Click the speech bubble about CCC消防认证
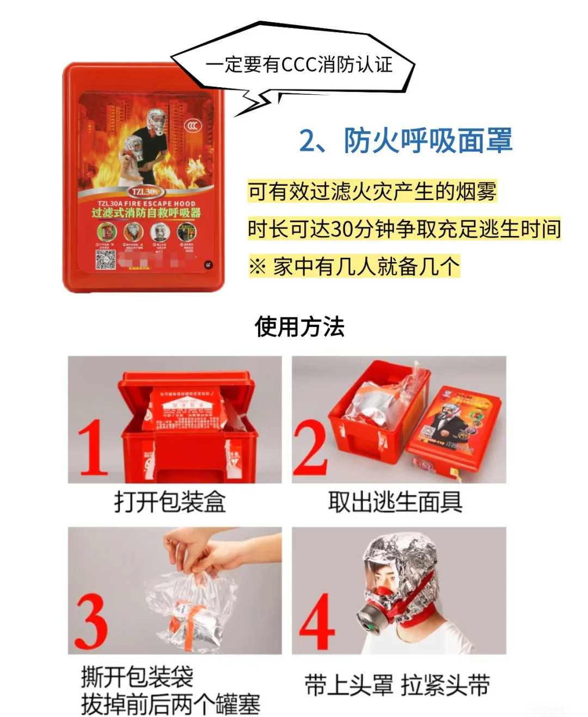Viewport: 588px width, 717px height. [x=298, y=64]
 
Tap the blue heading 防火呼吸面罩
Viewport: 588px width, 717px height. [x=406, y=141]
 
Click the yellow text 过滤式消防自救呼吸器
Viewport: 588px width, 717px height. [x=146, y=212]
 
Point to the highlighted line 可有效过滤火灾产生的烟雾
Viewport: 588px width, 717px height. [x=372, y=192]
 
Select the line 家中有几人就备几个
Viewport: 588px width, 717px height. [x=354, y=266]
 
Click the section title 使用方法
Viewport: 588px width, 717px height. [x=299, y=327]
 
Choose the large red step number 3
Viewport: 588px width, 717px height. [x=91, y=621]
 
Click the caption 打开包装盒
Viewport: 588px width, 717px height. [x=170, y=501]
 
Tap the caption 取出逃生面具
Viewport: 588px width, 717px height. [x=395, y=501]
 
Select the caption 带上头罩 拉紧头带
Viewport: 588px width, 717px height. [x=397, y=685]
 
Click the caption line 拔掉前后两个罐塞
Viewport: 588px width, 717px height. [x=170, y=703]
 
